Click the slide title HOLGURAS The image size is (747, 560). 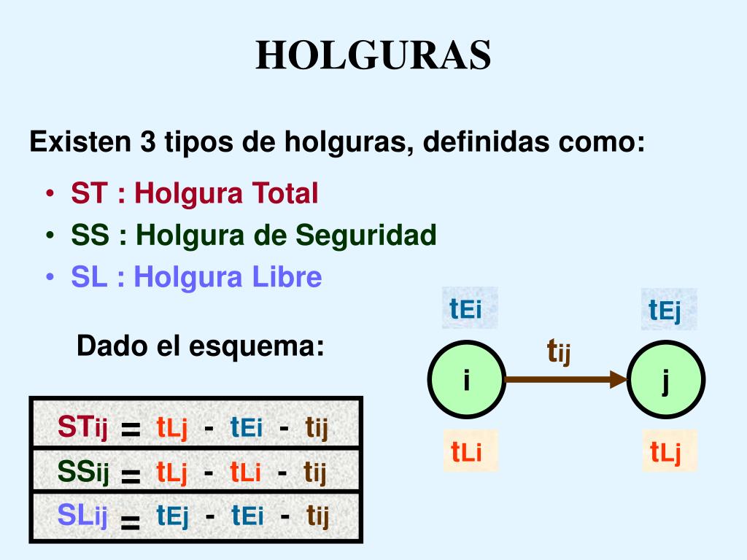(x=373, y=55)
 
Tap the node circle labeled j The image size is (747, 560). (x=667, y=379)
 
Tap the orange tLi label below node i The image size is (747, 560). (x=466, y=452)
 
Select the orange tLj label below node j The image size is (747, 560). (x=665, y=452)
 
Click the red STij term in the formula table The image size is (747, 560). (x=82, y=428)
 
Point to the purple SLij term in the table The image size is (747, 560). (x=82, y=516)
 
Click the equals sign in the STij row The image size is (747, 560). (x=131, y=430)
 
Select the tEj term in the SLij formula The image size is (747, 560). (x=172, y=517)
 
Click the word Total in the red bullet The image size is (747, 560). (x=285, y=193)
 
